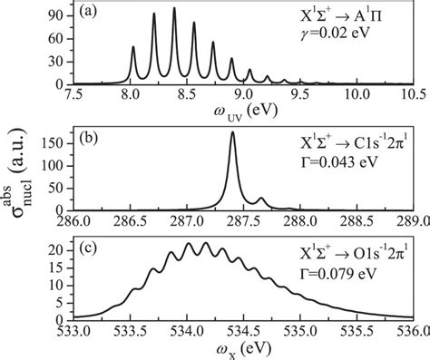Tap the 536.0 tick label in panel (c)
(412, 330)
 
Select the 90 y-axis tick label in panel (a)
(60, 15)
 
